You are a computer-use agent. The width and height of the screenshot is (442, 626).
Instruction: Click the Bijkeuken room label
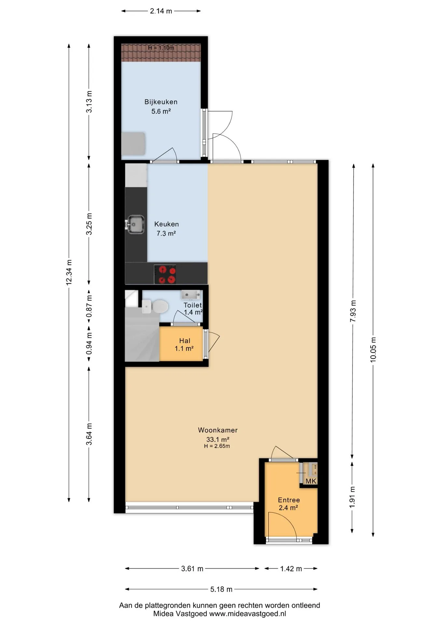click(161, 102)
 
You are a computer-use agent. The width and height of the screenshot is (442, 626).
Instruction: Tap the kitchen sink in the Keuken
click(135, 224)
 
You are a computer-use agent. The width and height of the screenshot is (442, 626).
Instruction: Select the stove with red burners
click(165, 274)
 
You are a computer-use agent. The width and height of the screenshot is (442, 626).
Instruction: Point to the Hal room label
click(185, 341)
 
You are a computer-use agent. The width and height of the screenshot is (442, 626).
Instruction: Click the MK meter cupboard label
click(311, 481)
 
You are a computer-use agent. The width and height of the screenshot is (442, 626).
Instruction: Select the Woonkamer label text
click(218, 430)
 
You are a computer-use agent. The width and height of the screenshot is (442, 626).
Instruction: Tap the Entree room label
click(289, 500)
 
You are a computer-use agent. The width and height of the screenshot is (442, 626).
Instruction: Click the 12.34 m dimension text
click(69, 273)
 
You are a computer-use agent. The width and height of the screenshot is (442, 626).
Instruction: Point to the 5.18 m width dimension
click(221, 589)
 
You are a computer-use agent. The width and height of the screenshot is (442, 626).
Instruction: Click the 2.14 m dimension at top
click(161, 11)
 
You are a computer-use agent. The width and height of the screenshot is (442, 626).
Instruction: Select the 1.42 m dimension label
click(291, 569)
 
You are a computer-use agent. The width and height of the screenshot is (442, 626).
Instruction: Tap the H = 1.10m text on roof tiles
click(161, 48)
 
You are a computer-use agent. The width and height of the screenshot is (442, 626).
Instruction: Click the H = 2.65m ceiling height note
click(217, 446)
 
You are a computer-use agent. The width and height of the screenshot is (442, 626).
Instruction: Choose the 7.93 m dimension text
click(353, 311)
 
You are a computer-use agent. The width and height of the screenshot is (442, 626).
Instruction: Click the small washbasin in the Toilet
click(191, 295)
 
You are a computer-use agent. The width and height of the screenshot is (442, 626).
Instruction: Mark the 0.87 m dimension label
click(89, 306)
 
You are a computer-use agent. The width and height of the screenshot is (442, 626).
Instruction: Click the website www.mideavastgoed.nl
click(247, 614)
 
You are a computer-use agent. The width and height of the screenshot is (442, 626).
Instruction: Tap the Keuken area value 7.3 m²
click(166, 233)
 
